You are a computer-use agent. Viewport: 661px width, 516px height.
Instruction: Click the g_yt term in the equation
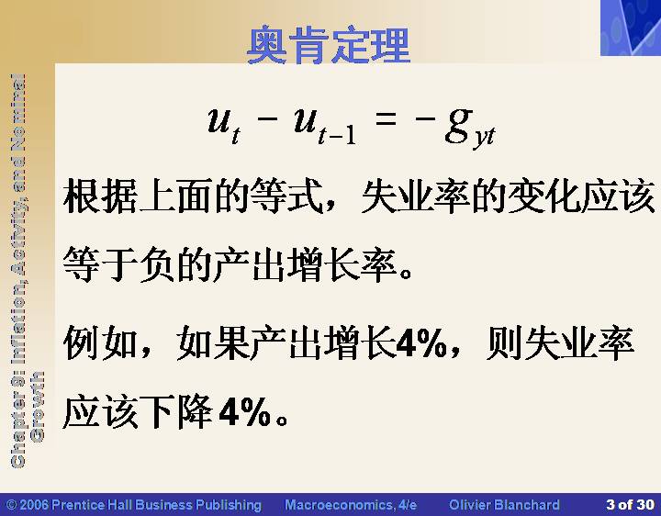tap(470, 128)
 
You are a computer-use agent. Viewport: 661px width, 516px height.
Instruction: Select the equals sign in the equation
tap(386, 118)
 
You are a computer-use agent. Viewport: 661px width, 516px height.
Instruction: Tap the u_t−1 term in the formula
tap(325, 127)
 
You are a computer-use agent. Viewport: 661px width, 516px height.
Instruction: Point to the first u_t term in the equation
tap(224, 126)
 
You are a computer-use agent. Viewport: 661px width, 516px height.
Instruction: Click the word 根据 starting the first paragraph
tap(100, 196)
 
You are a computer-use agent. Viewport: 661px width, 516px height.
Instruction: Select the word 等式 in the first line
tap(287, 196)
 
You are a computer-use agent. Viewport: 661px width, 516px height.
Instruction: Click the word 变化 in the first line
tap(544, 196)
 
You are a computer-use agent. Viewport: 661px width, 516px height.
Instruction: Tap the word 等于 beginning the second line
tap(100, 264)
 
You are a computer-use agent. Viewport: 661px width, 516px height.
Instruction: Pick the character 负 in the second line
tap(156, 264)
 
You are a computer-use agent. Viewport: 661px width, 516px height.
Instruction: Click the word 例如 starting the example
tap(100, 342)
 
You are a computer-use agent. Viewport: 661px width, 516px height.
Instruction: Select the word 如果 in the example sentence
tap(213, 342)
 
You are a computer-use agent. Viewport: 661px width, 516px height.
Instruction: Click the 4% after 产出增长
tap(421, 343)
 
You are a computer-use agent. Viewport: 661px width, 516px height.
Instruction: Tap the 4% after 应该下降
tap(245, 410)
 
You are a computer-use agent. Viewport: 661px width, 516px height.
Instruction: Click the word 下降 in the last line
tap(175, 411)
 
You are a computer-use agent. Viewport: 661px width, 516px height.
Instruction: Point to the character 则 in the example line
tap(504, 342)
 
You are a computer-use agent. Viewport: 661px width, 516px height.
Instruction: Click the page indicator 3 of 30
tap(630, 505)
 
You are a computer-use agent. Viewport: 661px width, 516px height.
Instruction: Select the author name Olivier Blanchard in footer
tap(504, 505)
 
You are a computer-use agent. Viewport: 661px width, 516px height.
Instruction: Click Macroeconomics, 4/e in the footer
tap(351, 505)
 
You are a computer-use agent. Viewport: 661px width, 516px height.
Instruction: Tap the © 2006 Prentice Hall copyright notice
tap(134, 505)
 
